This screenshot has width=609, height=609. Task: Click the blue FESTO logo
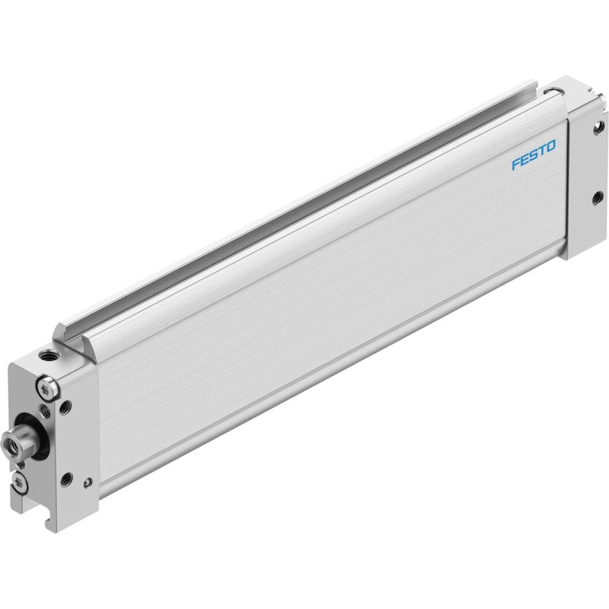point(534,155)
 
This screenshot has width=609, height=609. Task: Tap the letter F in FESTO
point(516,164)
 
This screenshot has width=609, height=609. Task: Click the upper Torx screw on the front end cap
point(47,388)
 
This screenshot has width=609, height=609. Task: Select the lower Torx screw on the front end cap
point(20,483)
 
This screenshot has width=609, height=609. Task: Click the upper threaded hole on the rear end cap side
point(598,127)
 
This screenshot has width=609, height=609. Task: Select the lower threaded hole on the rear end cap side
point(597,199)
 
